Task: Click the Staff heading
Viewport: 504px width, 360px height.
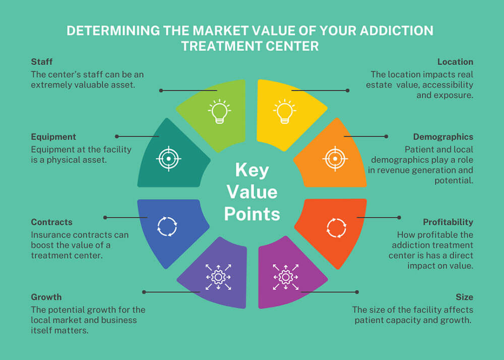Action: tap(41, 62)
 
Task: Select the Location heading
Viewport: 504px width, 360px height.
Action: tap(455, 62)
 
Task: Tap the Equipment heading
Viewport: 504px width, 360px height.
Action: tap(53, 137)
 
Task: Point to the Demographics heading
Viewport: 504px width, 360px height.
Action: tap(443, 137)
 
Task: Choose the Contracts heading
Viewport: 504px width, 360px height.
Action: tap(51, 222)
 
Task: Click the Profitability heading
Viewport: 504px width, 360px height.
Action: tap(448, 222)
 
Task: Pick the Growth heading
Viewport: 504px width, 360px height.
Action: tap(46, 297)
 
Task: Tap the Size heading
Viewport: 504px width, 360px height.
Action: tap(464, 297)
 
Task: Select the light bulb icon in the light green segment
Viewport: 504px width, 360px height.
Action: tap(218, 111)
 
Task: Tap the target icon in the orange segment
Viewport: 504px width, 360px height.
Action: tap(333, 159)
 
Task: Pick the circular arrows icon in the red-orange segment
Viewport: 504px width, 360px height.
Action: tap(336, 227)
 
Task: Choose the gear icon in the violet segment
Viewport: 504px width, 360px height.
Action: tap(218, 276)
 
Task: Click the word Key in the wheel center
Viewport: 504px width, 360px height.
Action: tap(252, 170)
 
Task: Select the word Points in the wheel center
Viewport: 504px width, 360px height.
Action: tap(252, 214)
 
